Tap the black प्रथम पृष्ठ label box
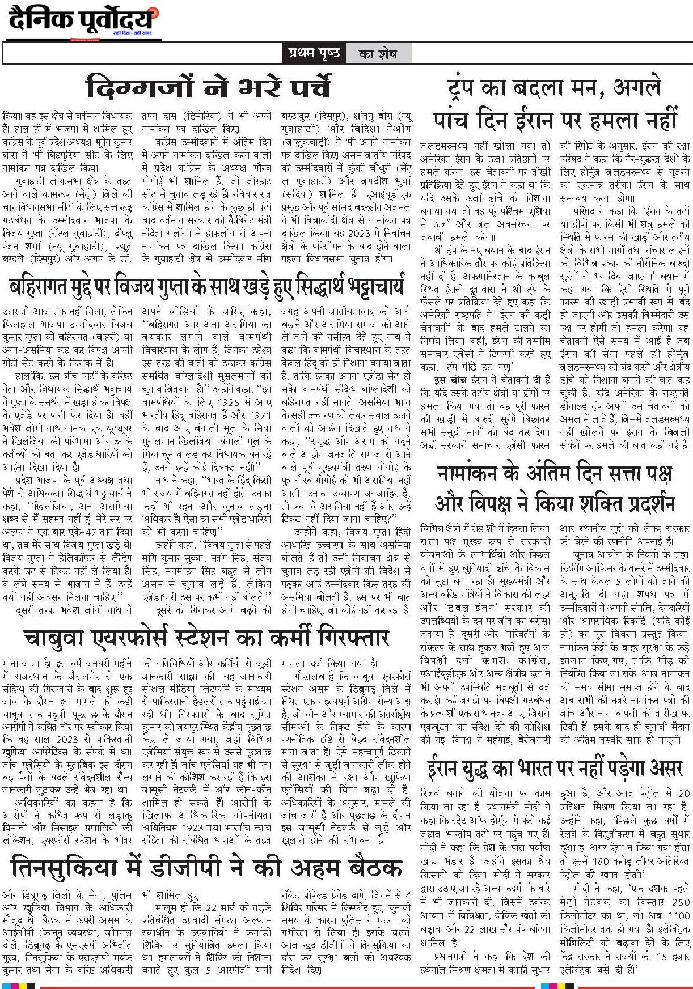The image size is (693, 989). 313,53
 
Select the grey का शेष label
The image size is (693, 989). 378,54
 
